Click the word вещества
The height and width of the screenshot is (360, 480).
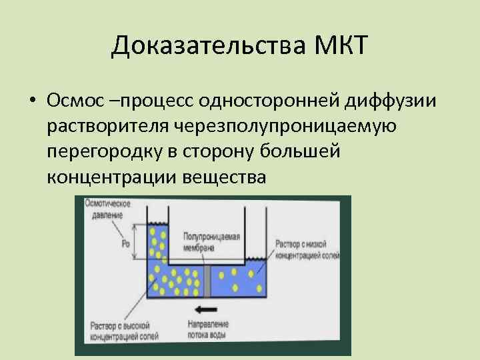point(226,178)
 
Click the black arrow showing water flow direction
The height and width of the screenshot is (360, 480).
point(206,309)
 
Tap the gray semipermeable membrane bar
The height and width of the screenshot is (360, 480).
point(207,281)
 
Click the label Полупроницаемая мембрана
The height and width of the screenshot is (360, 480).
point(209,242)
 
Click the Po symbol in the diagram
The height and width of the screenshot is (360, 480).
point(125,244)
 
